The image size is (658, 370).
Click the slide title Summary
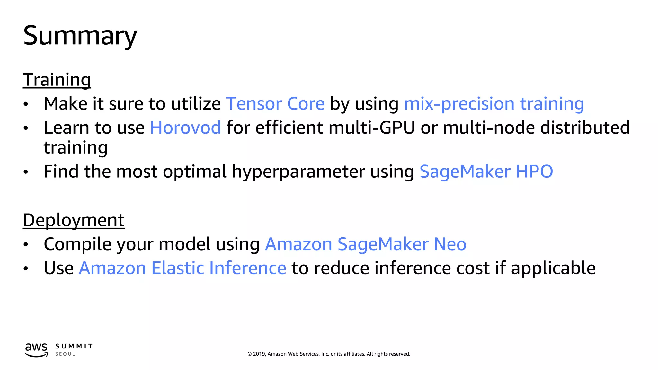point(80,36)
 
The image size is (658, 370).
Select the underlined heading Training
point(57,80)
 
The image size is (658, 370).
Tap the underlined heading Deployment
point(74,220)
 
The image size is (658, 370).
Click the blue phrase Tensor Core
point(275,104)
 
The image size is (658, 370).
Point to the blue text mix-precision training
point(494,104)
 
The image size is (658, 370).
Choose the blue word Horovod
point(185,128)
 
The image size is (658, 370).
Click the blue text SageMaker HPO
point(486,171)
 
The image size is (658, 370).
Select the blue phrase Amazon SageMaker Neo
point(366,244)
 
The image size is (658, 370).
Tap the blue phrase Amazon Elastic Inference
point(182,268)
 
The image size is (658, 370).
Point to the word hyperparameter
point(298,172)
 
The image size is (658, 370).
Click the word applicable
point(553,268)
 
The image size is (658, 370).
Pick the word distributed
point(585,128)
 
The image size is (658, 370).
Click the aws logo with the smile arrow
point(36,350)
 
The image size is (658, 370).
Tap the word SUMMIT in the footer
point(74,346)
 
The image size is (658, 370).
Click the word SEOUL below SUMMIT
point(65,354)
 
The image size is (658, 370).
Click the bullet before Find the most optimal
point(26,172)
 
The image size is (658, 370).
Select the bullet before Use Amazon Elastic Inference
point(26,269)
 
